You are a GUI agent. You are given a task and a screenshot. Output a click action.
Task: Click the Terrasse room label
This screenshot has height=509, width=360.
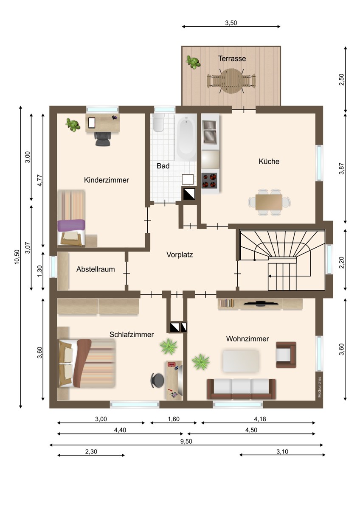(232, 59)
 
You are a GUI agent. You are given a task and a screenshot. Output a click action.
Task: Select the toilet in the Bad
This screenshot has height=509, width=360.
(159, 123)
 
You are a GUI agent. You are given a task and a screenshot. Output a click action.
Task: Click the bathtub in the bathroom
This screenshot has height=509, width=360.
(186, 137)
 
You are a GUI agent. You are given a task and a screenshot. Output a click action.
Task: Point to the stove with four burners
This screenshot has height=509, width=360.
(209, 181)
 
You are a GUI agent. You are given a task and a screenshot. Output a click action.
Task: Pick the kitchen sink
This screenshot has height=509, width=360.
(210, 132)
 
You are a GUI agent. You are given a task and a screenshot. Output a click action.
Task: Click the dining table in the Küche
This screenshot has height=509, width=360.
(269, 202)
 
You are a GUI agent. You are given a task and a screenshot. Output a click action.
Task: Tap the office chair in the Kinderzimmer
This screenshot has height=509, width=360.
(103, 139)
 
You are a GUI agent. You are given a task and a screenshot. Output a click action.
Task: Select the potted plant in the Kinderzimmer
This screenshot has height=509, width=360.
(73, 125)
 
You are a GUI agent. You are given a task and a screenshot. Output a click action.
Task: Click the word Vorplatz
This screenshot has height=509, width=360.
(180, 255)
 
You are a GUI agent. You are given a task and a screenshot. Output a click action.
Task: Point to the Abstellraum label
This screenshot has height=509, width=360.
(96, 269)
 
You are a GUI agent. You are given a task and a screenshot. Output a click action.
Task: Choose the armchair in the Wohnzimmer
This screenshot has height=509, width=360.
(286, 355)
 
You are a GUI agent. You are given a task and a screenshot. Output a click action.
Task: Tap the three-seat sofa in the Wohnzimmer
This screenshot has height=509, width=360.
(241, 389)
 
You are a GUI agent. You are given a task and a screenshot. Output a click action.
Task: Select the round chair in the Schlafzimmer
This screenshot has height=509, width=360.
(157, 380)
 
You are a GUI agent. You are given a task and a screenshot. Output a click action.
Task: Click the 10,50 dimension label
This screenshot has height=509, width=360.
(17, 257)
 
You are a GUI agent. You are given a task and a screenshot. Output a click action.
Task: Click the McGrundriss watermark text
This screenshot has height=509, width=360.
(320, 387)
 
